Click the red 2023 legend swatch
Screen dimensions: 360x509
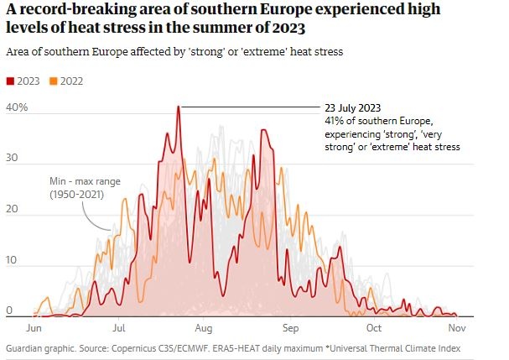click(x=10, y=81)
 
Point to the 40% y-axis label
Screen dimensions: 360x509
click(x=17, y=108)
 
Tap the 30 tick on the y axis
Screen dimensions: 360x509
click(x=13, y=158)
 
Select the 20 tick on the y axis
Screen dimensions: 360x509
click(x=13, y=209)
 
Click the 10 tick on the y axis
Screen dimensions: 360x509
click(x=13, y=260)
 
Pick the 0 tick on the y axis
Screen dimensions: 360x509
click(x=9, y=310)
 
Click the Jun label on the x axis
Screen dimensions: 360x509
click(x=34, y=327)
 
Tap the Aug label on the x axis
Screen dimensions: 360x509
click(x=204, y=327)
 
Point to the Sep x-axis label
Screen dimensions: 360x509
click(x=290, y=327)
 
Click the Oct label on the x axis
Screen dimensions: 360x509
click(x=374, y=327)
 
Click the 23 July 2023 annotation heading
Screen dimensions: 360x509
click(x=358, y=108)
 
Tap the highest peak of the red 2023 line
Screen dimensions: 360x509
click(x=178, y=107)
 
